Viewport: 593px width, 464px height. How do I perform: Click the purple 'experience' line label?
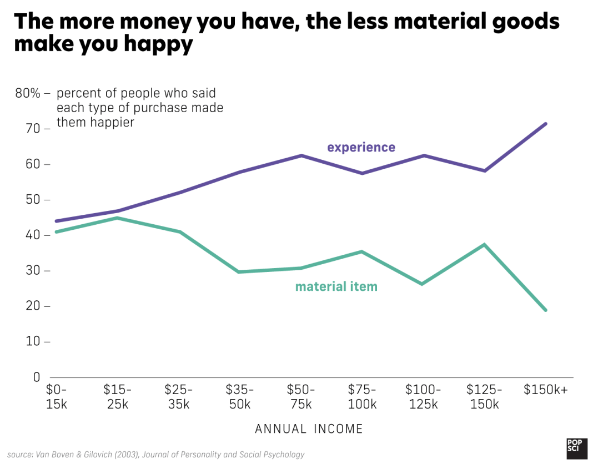[x=361, y=147]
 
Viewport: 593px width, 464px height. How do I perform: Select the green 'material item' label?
[x=336, y=286]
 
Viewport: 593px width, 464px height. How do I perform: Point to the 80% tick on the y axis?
[x=28, y=93]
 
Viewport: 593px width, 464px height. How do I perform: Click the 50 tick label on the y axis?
[x=33, y=200]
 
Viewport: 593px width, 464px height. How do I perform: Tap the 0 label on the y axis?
[x=37, y=377]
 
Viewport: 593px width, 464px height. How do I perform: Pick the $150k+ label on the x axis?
[x=545, y=390]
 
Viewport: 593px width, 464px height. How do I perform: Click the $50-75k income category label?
[x=301, y=396]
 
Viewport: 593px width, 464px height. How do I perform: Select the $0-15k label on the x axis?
[x=56, y=396]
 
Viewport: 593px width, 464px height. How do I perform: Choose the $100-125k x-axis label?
[x=423, y=396]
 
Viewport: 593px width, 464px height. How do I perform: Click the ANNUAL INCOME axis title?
[x=309, y=429]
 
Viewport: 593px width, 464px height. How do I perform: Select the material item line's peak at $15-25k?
[x=117, y=218]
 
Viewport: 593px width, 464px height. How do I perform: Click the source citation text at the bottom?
[x=156, y=455]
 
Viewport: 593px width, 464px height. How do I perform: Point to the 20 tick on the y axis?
[x=33, y=306]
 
